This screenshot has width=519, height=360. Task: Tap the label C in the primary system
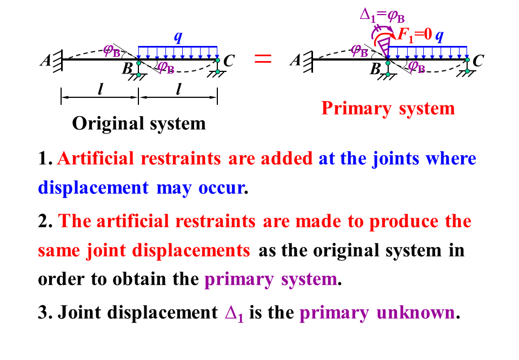click(477, 61)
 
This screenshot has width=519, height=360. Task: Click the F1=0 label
click(415, 36)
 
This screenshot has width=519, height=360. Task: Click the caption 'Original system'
click(139, 123)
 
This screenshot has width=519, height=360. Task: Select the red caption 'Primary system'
click(388, 108)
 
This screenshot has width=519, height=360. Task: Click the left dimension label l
click(100, 90)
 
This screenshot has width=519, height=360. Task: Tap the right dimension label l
click(178, 90)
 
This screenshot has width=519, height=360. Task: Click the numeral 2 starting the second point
click(43, 222)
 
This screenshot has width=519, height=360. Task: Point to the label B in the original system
click(128, 69)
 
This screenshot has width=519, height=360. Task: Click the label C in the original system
click(229, 61)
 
